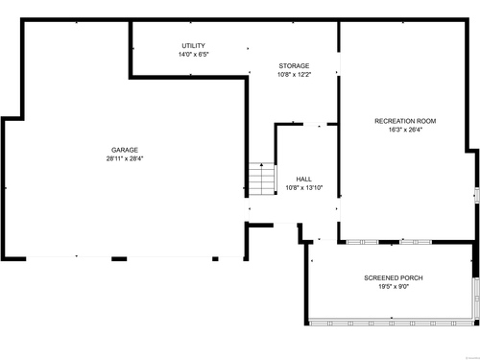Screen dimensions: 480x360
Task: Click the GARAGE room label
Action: [x=125, y=150]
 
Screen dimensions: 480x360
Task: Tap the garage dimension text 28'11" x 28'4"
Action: [x=125, y=158]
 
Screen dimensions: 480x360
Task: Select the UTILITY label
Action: [x=193, y=46]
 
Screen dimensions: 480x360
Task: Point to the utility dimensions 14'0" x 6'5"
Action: [x=193, y=55]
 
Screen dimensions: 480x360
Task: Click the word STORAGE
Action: [x=294, y=66]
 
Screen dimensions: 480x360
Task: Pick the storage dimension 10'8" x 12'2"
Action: [x=294, y=75]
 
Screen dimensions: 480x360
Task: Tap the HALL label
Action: [x=303, y=180]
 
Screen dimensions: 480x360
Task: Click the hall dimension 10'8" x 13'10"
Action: [x=303, y=188]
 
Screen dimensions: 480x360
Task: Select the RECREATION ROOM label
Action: [x=405, y=121]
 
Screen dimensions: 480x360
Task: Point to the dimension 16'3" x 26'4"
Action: [x=405, y=130]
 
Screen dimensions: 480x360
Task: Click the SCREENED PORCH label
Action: [x=394, y=278]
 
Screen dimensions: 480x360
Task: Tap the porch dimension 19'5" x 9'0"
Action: [x=394, y=287]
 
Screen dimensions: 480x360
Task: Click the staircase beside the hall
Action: [x=262, y=180]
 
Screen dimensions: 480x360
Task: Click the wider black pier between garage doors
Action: [x=119, y=259]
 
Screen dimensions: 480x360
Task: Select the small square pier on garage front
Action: [x=215, y=259]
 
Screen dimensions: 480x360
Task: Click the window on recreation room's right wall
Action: [x=477, y=195]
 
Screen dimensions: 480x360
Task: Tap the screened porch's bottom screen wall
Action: [x=392, y=324]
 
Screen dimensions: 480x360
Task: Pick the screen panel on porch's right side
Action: [x=476, y=298]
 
